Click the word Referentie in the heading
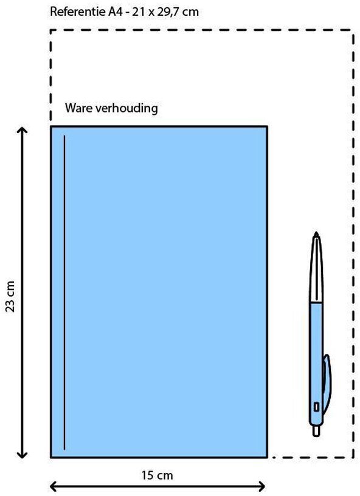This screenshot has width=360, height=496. point(78,12)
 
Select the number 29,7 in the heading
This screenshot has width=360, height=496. point(168,12)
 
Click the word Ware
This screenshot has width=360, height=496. point(79,108)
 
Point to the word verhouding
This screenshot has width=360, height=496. point(126,108)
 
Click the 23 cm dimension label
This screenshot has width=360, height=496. point(10,297)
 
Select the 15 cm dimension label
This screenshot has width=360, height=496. point(157,475)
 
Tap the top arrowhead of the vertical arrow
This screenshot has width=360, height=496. point(22,129)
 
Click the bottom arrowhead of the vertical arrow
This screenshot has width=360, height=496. point(22,455)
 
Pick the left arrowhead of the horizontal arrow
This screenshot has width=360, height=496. point(54,486)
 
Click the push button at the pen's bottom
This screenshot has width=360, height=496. point(316,431)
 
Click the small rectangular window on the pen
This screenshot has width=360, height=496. point(316,407)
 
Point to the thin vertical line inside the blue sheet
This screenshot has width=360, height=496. point(64,292)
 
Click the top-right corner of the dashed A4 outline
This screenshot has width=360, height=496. point(353,30)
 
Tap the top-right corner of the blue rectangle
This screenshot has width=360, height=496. point(267,127)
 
